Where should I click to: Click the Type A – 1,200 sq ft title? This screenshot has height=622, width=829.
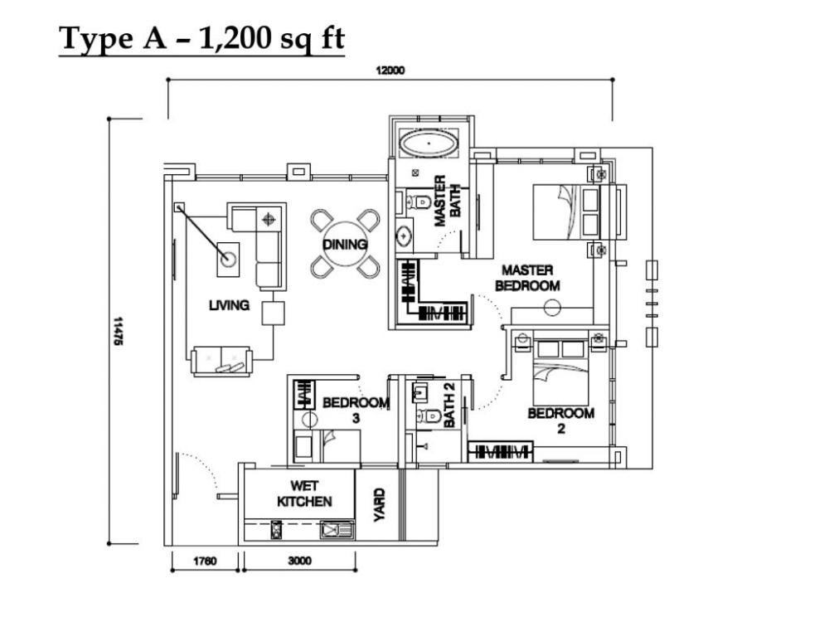pyautogui.click(x=201, y=39)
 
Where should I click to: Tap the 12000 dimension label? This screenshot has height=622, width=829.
pyautogui.click(x=390, y=70)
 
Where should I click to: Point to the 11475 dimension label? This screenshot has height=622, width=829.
pyautogui.click(x=118, y=331)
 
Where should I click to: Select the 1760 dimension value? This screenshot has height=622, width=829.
pyautogui.click(x=205, y=561)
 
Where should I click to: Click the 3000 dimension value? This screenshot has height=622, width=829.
pyautogui.click(x=299, y=561)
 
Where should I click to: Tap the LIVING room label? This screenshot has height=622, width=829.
pyautogui.click(x=229, y=305)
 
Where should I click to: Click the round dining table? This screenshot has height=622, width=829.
pyautogui.click(x=345, y=245)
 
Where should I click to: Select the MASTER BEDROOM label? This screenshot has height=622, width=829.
pyautogui.click(x=527, y=278)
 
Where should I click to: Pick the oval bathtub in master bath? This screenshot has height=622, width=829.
pyautogui.click(x=429, y=143)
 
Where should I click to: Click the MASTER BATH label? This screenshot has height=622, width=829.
pyautogui.click(x=448, y=201)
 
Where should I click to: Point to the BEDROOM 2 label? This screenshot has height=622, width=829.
pyautogui.click(x=561, y=421)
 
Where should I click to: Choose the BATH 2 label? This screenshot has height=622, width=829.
pyautogui.click(x=448, y=405)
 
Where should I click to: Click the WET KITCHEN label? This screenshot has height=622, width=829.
pyautogui.click(x=304, y=493)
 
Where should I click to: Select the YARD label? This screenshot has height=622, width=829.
pyautogui.click(x=379, y=505)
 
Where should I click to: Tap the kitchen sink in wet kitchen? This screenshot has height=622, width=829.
pyautogui.click(x=337, y=529)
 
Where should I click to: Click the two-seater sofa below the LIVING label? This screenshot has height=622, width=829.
pyautogui.click(x=221, y=362)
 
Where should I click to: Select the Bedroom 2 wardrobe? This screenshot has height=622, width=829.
pyautogui.click(x=500, y=451)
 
